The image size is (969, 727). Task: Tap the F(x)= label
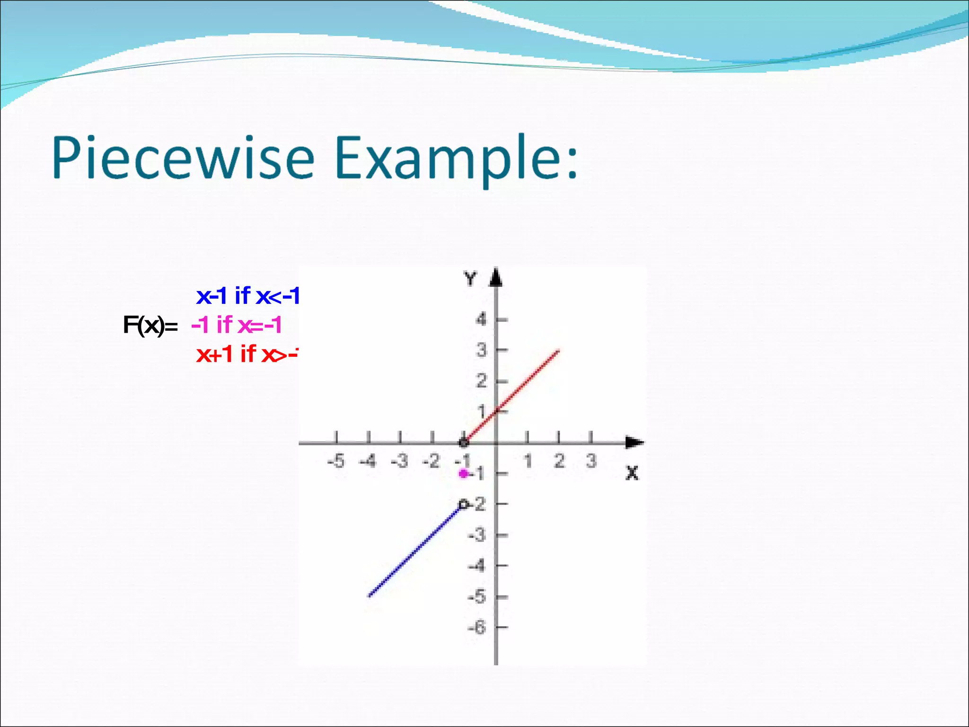pos(150,325)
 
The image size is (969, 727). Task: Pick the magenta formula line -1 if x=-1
pos(237,325)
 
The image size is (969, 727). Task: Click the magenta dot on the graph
pos(464,473)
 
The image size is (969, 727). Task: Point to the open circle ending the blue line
pos(464,505)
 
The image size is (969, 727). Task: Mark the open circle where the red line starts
pos(464,443)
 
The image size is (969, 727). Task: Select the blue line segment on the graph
pos(414,551)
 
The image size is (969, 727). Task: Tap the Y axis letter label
pos(470,279)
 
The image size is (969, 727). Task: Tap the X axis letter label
pos(632,473)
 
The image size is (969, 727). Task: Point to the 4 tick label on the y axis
pos(481,320)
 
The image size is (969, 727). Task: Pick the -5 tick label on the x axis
pos(336,461)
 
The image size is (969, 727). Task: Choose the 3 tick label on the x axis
pos(591,461)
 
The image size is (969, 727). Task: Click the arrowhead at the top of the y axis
pos(495,277)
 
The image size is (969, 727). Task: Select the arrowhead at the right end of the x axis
pos(634,443)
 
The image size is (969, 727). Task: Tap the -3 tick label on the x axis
pos(400,461)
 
